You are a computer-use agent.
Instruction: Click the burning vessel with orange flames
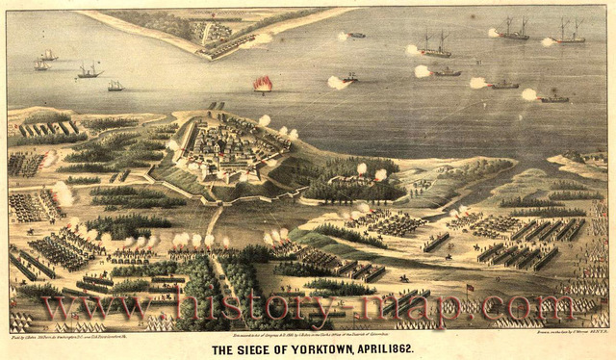tap(262, 85)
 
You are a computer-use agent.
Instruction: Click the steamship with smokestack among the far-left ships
tap(90, 70)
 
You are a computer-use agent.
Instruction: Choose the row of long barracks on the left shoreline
tap(48, 128)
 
